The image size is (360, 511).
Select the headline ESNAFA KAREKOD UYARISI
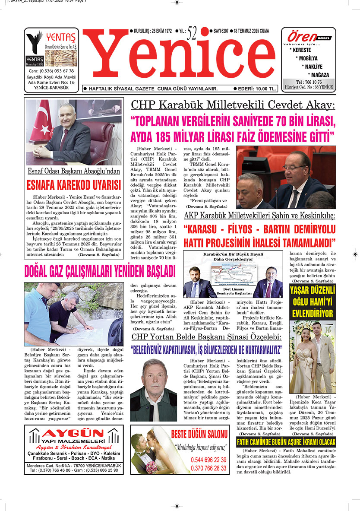point(73,185)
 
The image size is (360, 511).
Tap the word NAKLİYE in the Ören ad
point(312,67)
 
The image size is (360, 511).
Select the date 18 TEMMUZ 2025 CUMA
point(251,31)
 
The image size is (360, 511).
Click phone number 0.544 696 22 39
point(208,460)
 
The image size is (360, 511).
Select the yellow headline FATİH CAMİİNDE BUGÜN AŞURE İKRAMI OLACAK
point(286,442)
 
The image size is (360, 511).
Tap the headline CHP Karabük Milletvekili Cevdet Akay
point(233,105)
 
